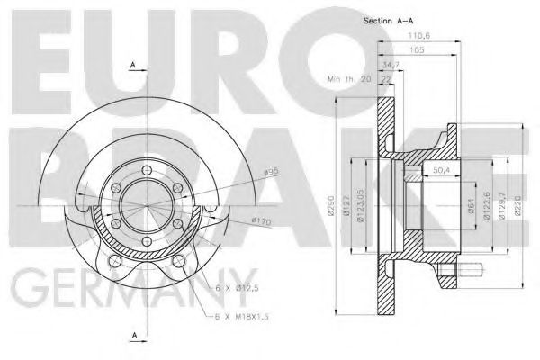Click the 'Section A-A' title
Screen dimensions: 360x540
(388, 19)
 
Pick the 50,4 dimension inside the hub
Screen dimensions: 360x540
(442, 169)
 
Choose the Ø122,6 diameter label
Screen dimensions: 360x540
(487, 206)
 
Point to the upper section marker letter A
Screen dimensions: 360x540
(132, 65)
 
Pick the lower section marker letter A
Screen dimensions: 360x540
(132, 335)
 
